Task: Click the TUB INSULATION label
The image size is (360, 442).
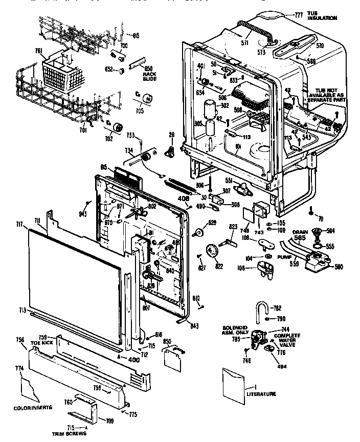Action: [322, 16]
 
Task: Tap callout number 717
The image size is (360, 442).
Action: [20, 223]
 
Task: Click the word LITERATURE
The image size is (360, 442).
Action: [261, 394]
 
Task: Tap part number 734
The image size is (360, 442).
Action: [129, 150]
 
